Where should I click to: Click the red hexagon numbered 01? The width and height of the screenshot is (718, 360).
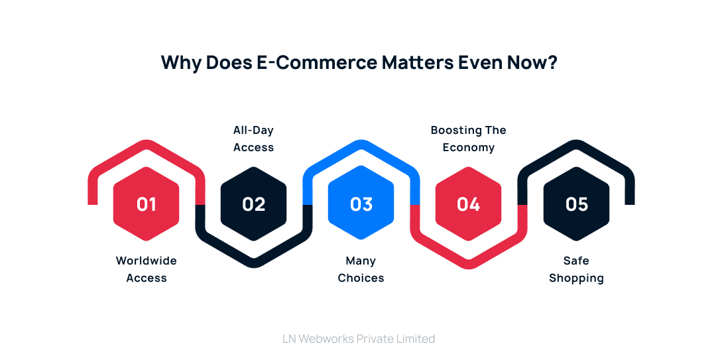coord(146,204)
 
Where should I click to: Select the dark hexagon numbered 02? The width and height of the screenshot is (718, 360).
coord(253,204)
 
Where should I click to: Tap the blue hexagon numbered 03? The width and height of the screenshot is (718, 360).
coord(361,204)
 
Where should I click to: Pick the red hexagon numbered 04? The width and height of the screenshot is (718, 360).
coord(468,204)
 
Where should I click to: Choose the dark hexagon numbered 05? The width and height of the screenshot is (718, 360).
coord(576,204)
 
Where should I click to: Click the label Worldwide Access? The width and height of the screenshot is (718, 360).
coord(146,269)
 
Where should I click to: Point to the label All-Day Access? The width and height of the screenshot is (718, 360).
coord(253,139)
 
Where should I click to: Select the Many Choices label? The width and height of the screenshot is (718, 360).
coord(361,269)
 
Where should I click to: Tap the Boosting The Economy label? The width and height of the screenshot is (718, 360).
coord(468,139)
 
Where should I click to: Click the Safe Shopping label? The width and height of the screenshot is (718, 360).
coord(576,269)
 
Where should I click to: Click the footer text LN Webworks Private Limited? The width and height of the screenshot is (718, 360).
coord(359,339)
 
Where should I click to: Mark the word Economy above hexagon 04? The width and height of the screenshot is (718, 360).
coord(468,147)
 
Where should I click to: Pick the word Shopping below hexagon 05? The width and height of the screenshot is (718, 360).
coord(576,278)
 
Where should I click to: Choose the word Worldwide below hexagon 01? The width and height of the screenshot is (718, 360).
coord(146,261)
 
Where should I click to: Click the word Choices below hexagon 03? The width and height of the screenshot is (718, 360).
coord(361,278)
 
